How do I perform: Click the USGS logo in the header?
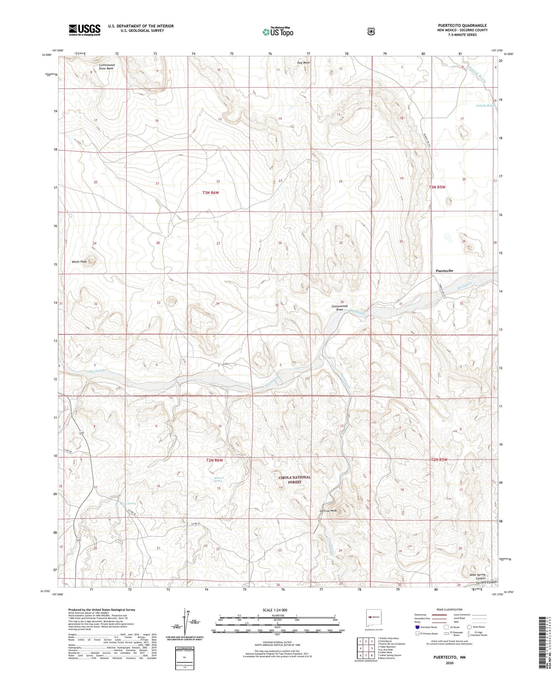[84, 30]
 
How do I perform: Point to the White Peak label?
[79, 262]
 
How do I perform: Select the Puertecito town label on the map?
[444, 271]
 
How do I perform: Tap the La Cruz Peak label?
[328, 511]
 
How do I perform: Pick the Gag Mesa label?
[303, 63]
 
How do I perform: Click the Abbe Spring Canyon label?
[477, 577]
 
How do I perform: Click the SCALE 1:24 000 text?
[275, 610]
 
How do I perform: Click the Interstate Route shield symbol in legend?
[417, 627]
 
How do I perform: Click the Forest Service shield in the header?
[371, 31]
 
